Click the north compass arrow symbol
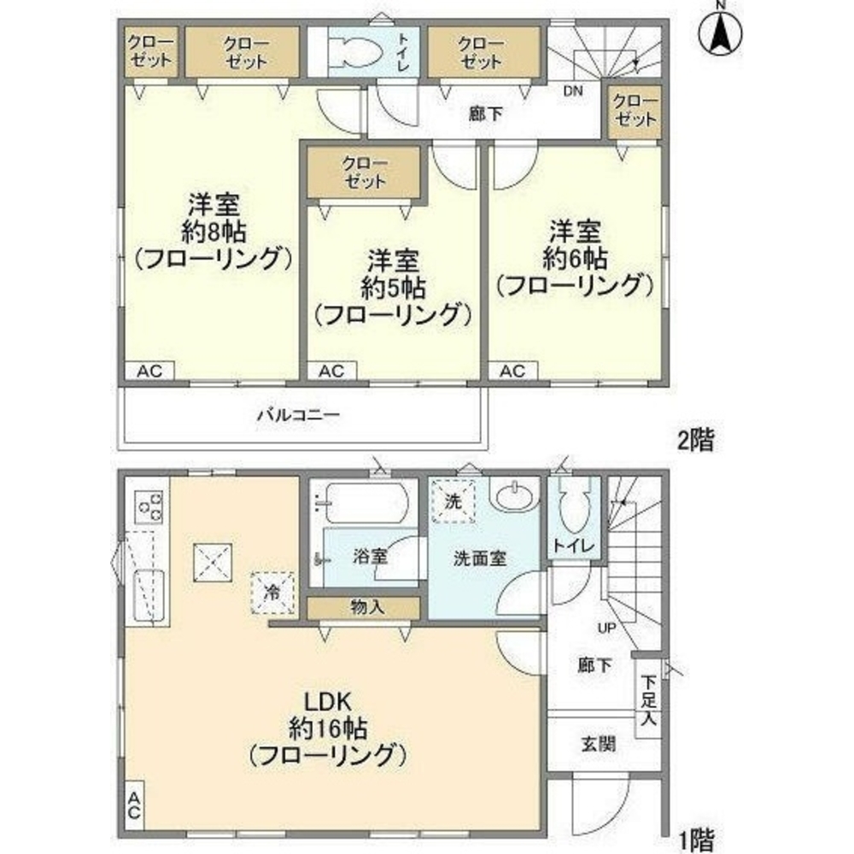click(x=720, y=32)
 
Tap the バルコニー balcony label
click(x=298, y=415)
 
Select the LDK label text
click(x=327, y=702)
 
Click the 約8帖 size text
click(x=213, y=232)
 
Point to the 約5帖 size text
click(x=393, y=289)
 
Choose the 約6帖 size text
click(x=575, y=259)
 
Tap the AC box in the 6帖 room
click(x=513, y=371)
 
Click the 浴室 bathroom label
click(x=370, y=556)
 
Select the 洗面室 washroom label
click(x=480, y=559)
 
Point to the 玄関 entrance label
click(x=598, y=744)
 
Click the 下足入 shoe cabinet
click(x=648, y=699)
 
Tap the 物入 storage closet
click(x=364, y=608)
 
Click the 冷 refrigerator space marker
click(x=272, y=594)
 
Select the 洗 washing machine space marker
click(x=453, y=501)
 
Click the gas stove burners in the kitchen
click(x=149, y=507)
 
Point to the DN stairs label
click(x=572, y=91)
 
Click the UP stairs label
click(x=606, y=628)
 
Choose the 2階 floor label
click(x=695, y=440)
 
